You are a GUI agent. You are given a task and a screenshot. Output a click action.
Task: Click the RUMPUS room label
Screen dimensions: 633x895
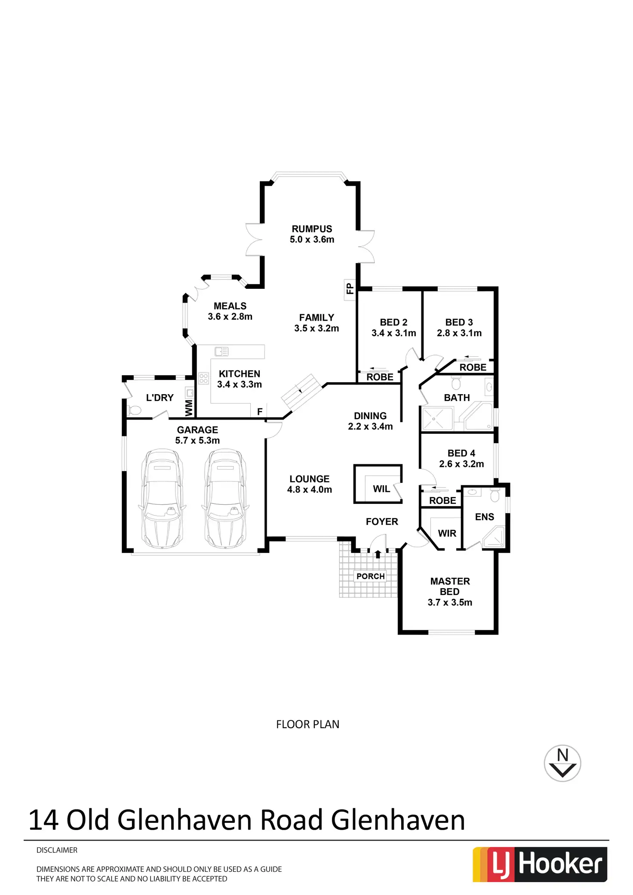tap(312, 229)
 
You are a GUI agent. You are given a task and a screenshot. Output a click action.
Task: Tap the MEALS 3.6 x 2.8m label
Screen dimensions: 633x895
tap(230, 311)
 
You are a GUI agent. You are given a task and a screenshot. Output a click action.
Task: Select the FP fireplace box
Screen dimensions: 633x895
tap(350, 288)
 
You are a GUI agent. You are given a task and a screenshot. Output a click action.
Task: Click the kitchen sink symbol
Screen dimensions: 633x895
tap(221, 352)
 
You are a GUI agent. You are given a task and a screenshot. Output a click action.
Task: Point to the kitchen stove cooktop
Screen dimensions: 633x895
tap(203, 378)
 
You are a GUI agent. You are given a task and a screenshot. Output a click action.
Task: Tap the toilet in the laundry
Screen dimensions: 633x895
tap(134, 411)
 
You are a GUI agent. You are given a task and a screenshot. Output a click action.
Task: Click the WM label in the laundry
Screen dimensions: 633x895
tap(189, 408)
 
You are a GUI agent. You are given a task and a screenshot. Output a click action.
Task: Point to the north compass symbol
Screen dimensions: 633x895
tap(562, 763)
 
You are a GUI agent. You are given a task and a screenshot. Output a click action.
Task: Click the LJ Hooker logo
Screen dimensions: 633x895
tap(540, 864)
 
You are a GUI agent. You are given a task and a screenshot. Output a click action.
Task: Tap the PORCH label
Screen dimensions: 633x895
tap(370, 576)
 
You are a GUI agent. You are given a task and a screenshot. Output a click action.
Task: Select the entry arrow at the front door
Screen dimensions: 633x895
tap(378, 554)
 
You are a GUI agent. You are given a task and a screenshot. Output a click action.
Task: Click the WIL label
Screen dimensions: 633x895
tap(381, 489)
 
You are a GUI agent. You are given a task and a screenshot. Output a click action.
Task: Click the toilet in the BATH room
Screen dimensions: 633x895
tap(456, 383)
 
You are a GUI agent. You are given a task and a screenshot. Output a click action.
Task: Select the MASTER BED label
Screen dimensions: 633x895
tap(450, 586)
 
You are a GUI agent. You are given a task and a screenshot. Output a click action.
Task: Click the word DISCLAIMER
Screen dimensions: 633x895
tap(57, 850)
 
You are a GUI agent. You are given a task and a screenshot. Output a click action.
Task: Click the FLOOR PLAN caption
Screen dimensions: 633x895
tap(307, 724)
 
